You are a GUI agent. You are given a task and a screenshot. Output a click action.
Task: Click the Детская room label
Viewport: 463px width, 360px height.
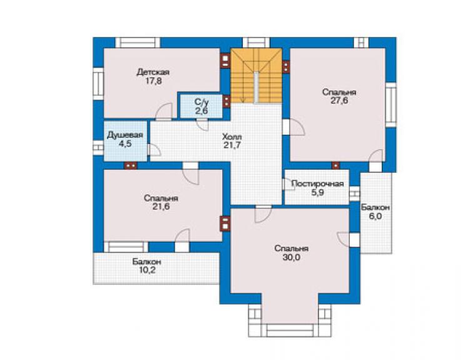pos(153,72)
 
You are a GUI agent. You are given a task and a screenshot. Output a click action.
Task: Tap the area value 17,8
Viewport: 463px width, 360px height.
pos(153,81)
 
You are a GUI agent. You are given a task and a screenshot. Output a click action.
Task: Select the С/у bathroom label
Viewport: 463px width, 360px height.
pos(201,102)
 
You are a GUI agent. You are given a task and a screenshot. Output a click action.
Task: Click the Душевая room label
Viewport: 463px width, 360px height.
pos(125,135)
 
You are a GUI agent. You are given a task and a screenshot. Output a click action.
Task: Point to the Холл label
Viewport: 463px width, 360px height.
pos(232,137)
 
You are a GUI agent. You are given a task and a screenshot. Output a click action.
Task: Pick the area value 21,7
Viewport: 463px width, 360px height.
pos(232,145)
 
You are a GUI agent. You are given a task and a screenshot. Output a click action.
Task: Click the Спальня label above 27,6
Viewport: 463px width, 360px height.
pos(339,92)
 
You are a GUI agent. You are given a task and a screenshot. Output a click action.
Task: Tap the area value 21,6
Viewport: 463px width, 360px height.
pos(161,207)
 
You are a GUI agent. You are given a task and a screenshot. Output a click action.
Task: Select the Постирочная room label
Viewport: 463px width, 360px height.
pos(317,184)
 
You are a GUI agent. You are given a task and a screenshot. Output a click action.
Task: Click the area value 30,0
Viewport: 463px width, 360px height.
pos(292,257)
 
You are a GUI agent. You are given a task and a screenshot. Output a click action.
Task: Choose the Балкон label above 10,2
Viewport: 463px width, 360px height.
pos(146,262)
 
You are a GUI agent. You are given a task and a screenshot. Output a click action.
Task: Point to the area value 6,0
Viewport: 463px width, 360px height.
pos(375,217)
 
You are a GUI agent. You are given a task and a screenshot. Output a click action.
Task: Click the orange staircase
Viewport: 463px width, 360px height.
pos(257,76)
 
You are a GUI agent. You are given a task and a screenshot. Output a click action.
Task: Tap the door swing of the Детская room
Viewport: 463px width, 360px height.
pos(164,111)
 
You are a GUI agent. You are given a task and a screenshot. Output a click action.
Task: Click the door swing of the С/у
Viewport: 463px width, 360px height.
pos(203,125)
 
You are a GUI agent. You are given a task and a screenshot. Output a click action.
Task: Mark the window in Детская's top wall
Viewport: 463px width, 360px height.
pos(138,43)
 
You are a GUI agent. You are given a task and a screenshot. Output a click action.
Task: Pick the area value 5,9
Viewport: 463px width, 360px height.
pos(318,193)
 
